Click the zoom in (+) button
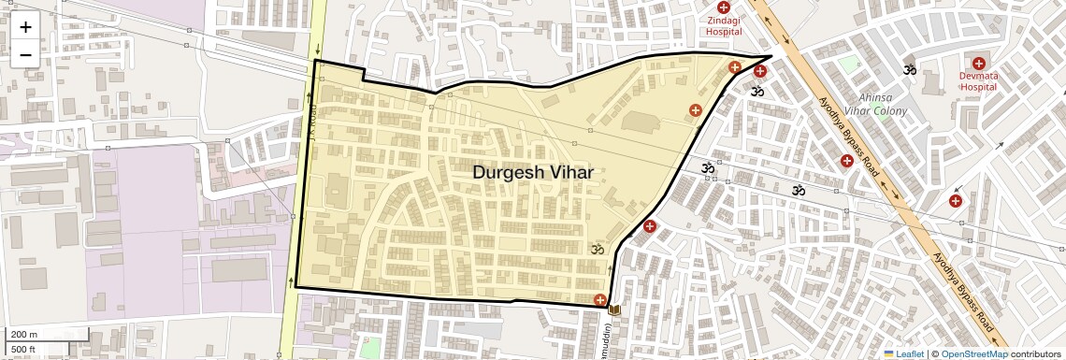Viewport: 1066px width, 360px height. click(x=25, y=26)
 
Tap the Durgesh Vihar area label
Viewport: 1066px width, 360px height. click(x=532, y=172)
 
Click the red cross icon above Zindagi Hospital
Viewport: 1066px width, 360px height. click(x=723, y=7)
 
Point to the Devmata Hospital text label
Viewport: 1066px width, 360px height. click(x=978, y=79)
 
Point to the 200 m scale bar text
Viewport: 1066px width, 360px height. click(x=24, y=334)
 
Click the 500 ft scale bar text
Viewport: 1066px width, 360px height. click(x=23, y=350)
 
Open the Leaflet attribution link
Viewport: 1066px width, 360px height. click(x=903, y=353)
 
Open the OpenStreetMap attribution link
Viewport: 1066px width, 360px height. click(x=973, y=353)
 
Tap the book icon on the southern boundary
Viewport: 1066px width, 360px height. click(x=614, y=309)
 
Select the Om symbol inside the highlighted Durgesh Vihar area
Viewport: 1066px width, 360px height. click(x=596, y=249)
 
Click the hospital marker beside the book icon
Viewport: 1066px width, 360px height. click(x=599, y=300)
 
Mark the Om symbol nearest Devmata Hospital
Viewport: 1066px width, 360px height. click(x=909, y=69)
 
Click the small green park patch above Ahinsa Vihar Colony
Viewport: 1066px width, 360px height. click(x=849, y=65)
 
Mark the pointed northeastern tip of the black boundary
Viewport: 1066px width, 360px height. click(x=771, y=56)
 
